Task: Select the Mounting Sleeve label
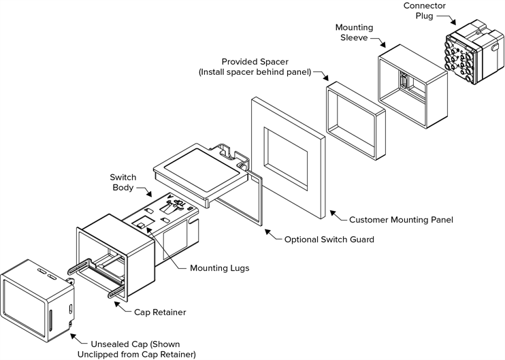coord(354,33)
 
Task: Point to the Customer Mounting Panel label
coord(401,220)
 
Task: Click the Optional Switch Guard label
coord(329,240)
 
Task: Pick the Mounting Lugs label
coord(220,268)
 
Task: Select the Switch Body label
coord(123,182)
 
